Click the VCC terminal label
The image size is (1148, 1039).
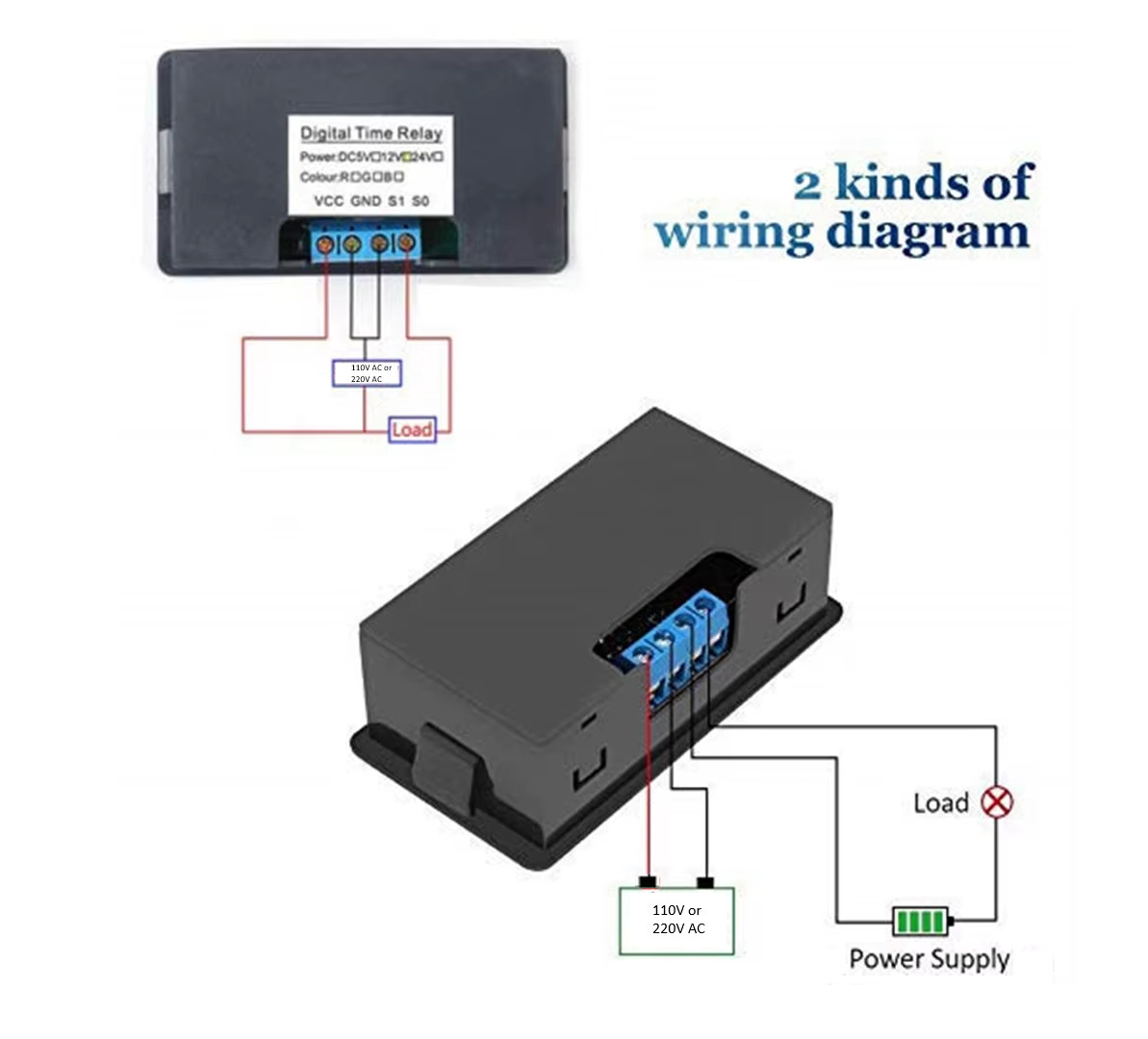click(329, 201)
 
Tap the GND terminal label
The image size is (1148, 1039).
click(366, 201)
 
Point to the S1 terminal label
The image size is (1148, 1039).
click(396, 201)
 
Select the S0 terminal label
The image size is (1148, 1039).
click(421, 201)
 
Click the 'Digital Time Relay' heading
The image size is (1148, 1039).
click(370, 133)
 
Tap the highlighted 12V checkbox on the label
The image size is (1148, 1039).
click(406, 157)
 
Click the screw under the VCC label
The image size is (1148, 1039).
click(326, 244)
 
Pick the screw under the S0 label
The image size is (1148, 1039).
click(406, 242)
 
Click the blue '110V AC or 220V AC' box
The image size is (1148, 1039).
click(367, 373)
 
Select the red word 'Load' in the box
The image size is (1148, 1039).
click(412, 430)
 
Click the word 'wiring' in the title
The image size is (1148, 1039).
click(733, 233)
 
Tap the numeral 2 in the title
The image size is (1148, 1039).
click(807, 183)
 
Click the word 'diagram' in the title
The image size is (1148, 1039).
click(929, 233)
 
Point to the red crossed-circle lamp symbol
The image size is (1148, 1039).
click(996, 801)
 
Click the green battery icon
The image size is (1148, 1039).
click(921, 921)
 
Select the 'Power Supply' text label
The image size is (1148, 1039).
click(929, 958)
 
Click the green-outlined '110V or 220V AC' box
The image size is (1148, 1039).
click(676, 920)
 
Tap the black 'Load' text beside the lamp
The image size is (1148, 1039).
click(940, 802)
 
